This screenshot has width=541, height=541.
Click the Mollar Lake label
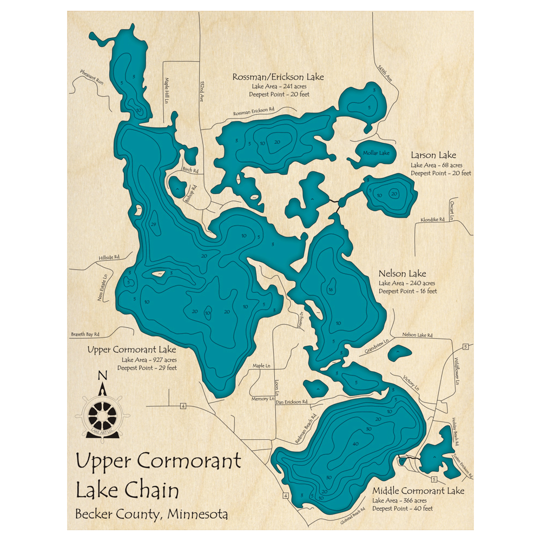pyautogui.click(x=376, y=153)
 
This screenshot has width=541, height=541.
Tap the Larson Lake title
pyautogui.click(x=433, y=156)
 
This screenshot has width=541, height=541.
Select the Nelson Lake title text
pyautogui.click(x=402, y=274)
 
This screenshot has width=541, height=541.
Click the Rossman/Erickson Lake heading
pyautogui.click(x=278, y=77)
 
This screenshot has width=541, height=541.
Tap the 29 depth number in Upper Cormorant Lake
pyautogui.click(x=154, y=225)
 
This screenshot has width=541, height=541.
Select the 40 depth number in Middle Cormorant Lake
pyautogui.click(x=355, y=444)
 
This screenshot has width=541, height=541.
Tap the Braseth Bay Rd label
pyautogui.click(x=87, y=334)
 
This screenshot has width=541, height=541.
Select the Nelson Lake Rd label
pyautogui.click(x=417, y=335)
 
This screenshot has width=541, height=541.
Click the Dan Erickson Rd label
pyautogui.click(x=292, y=402)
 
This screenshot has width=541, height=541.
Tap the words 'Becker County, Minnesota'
pyautogui.click(x=151, y=513)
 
